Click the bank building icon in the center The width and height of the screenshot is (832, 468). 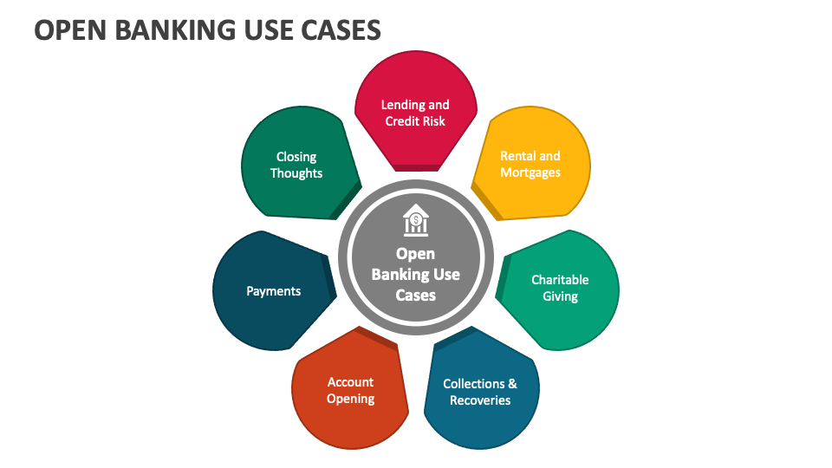[416, 220]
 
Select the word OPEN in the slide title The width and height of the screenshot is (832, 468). [68, 30]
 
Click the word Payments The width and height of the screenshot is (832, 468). [273, 291]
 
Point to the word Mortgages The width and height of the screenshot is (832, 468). [530, 172]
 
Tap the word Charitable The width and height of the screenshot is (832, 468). [560, 280]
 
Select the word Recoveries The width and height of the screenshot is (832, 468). [480, 400]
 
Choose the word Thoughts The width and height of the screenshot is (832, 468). [296, 173]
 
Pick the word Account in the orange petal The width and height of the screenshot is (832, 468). [350, 382]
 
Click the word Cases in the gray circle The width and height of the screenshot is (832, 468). [416, 295]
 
